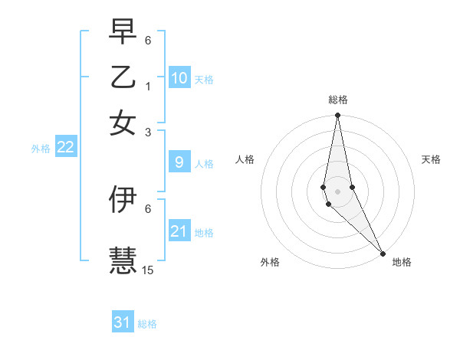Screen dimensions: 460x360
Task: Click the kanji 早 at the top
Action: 123,31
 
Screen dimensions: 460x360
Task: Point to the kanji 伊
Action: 123,199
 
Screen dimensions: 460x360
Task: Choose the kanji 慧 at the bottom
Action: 123,259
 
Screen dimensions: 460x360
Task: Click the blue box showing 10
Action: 179,78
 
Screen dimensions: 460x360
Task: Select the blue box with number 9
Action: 179,162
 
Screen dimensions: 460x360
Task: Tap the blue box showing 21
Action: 179,231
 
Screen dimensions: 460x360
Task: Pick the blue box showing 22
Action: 66,148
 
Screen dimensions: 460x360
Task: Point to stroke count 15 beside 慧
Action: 149,270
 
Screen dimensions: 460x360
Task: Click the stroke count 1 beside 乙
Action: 148,86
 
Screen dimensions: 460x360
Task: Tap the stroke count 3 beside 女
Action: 148,132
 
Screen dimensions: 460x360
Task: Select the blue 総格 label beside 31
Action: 147,324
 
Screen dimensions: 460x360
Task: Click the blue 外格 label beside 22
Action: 41,149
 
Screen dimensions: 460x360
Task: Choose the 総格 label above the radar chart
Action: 337,100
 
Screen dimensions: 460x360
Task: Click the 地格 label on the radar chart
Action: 402,262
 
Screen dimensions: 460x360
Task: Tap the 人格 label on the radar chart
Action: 245,159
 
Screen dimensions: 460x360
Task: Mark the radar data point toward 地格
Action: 383,254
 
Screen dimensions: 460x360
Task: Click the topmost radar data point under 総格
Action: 337,116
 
